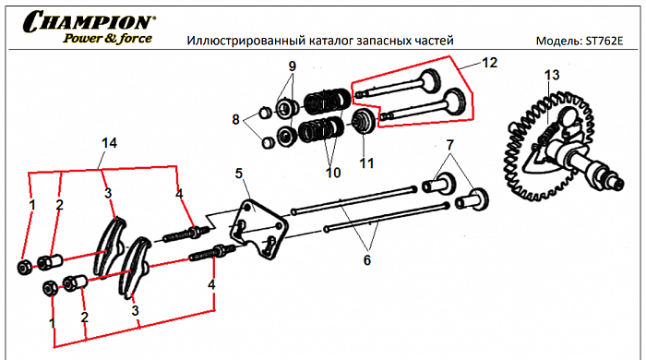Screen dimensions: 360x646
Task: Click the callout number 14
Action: (110, 142)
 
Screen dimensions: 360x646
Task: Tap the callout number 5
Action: (239, 173)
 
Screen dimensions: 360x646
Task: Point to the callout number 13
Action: (551, 74)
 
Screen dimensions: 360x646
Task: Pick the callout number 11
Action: (367, 162)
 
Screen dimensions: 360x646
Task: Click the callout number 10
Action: (333, 173)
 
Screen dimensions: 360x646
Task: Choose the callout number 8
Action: (237, 119)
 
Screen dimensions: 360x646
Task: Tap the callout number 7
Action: (451, 145)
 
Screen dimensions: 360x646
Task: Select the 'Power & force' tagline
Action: (107, 39)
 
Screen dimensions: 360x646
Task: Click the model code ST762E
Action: (604, 42)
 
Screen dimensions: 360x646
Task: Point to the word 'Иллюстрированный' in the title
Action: (243, 42)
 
